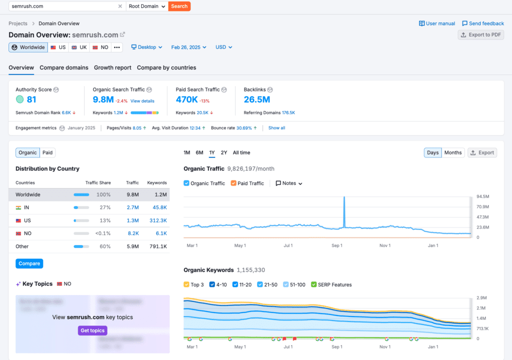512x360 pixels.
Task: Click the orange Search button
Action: (179, 6)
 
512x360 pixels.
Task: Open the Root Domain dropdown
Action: (147, 6)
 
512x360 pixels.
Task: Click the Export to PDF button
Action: (480, 35)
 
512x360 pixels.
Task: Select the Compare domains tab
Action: (64, 67)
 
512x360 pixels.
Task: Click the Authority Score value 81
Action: (31, 99)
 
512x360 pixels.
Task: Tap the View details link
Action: (142, 101)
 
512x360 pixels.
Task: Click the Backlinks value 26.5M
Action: (257, 99)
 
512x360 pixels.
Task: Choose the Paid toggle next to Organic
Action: (47, 152)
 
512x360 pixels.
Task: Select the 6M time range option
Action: (199, 152)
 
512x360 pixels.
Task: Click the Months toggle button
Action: (453, 152)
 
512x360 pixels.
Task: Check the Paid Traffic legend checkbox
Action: (233, 183)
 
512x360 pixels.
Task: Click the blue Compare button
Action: (29, 263)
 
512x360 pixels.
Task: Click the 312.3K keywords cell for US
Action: (157, 220)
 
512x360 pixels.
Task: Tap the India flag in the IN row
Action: (19, 207)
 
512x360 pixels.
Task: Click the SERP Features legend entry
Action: (331, 284)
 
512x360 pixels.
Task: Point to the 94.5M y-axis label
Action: (482, 196)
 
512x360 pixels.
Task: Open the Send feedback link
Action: (482, 23)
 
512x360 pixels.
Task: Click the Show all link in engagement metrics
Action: (276, 128)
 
